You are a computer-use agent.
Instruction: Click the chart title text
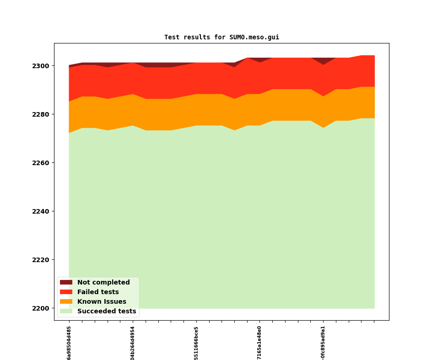[x=221, y=37]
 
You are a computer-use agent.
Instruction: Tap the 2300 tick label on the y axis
[x=41, y=66]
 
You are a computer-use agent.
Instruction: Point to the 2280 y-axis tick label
[x=41, y=114]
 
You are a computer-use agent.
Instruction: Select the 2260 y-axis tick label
[x=41, y=163]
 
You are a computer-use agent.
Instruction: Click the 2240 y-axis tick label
[x=41, y=211]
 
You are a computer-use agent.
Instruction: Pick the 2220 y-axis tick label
[x=41, y=260]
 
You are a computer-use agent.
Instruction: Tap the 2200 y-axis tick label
[x=41, y=308]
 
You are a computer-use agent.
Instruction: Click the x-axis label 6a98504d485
[x=69, y=343]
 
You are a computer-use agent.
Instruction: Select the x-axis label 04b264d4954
[x=133, y=343]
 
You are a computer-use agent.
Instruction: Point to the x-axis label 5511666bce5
[x=196, y=343]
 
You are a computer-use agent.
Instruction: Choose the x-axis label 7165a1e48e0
[x=259, y=343]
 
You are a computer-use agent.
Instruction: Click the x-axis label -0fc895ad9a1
[x=323, y=343]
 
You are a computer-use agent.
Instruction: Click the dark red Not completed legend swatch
[x=66, y=282]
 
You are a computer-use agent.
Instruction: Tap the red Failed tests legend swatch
[x=66, y=292]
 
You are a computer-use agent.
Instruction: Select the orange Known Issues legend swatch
[x=66, y=301]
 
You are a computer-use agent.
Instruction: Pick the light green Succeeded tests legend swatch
[x=66, y=311]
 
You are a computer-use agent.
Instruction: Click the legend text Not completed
[x=103, y=282]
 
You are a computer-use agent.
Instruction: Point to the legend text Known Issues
[x=102, y=301]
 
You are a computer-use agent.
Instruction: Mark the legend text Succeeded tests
[x=107, y=311]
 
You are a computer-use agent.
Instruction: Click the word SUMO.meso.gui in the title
[x=254, y=37]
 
